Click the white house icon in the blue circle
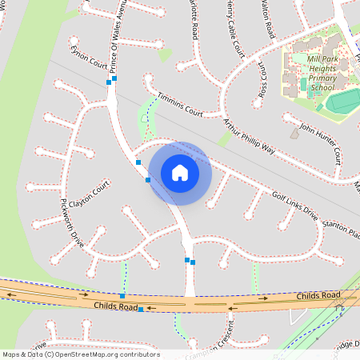pyautogui.click(x=180, y=173)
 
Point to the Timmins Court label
pyautogui.click(x=179, y=104)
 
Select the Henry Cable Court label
pyautogui.click(x=235, y=28)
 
